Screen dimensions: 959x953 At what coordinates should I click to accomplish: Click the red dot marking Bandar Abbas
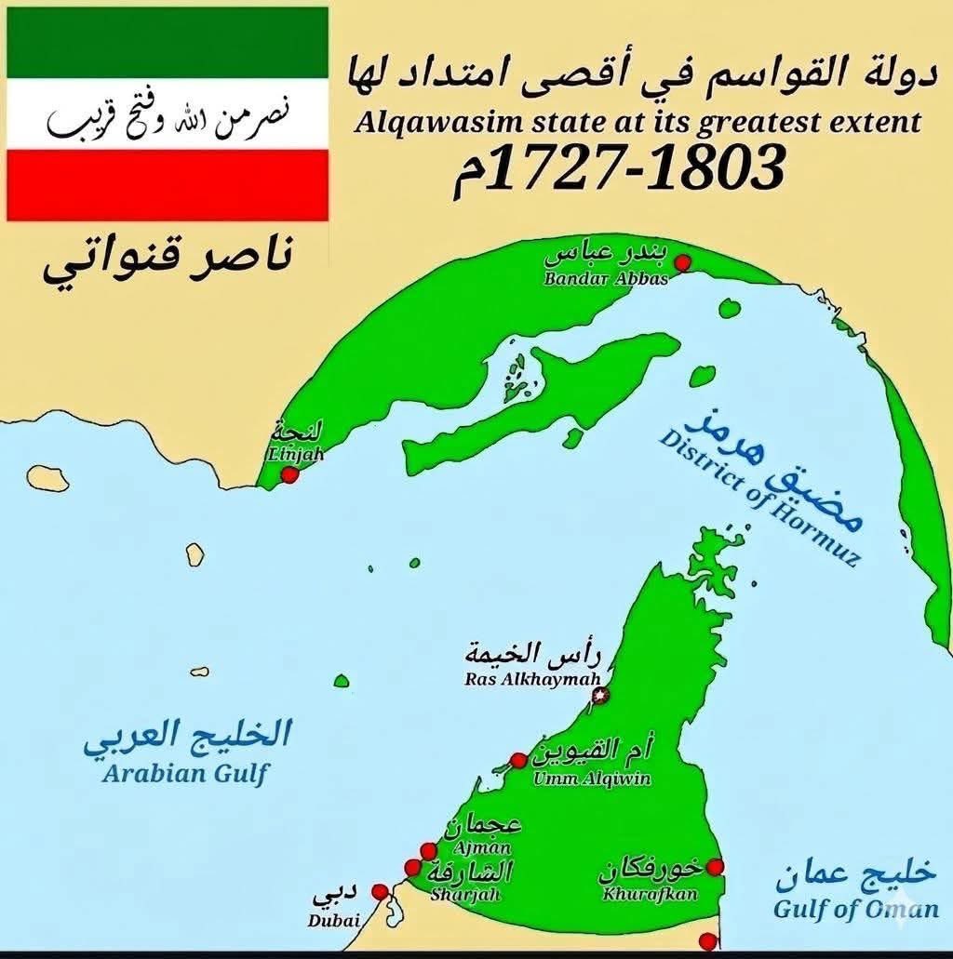click(x=682, y=263)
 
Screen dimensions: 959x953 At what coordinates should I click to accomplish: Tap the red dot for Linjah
click(x=289, y=474)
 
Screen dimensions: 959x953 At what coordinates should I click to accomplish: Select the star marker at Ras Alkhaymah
click(x=600, y=695)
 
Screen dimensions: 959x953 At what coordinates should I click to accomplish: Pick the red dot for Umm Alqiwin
click(x=518, y=761)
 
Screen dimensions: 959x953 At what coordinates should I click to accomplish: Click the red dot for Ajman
click(x=428, y=850)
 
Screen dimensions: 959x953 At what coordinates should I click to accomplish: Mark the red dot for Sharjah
click(x=412, y=868)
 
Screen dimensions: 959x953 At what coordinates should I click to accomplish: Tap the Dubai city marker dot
click(x=379, y=891)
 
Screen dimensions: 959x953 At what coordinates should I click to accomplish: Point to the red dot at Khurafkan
click(x=715, y=867)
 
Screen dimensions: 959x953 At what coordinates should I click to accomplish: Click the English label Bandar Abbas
click(x=606, y=277)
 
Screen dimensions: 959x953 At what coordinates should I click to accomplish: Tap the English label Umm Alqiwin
click(x=592, y=779)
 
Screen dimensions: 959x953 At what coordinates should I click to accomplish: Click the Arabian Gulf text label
click(x=184, y=774)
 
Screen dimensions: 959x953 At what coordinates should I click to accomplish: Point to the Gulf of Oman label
click(x=855, y=909)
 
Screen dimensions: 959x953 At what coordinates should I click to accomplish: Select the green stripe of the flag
click(x=168, y=42)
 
